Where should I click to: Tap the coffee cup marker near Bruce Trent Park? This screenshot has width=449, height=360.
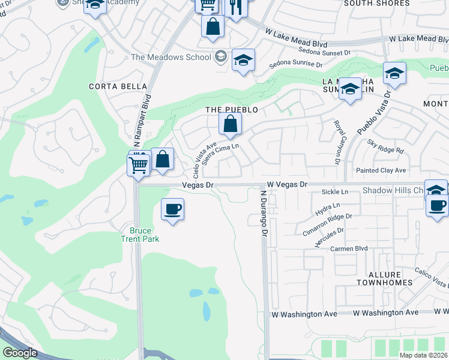pyautogui.click(x=172, y=209)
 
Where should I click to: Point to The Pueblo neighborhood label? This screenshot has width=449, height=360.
pyautogui.click(x=232, y=110)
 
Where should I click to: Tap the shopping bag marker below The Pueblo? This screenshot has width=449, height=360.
pyautogui.click(x=230, y=125)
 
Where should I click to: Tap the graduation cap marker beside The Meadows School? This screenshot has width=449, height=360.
pyautogui.click(x=243, y=61)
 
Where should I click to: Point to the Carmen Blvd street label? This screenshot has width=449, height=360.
pyautogui.click(x=349, y=248)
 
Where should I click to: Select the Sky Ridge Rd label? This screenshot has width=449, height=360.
pyautogui.click(x=386, y=147)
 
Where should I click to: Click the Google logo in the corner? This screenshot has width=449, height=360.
pyautogui.click(x=20, y=353)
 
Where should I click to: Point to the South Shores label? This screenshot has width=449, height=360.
pyautogui.click(x=376, y=4)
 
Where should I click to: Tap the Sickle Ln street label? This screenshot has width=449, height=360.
pyautogui.click(x=335, y=192)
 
